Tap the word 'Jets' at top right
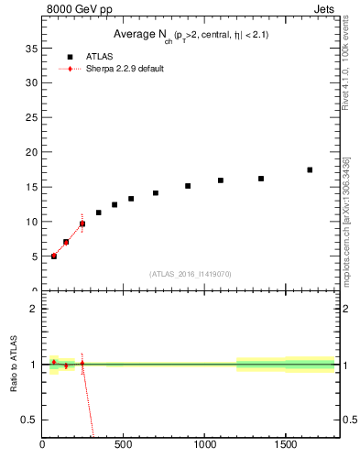pos(325,10)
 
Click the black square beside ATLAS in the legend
pos(70,57)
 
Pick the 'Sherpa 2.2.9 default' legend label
pos(125,69)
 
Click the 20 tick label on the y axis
pos(31,152)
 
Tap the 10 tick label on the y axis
pos(31,222)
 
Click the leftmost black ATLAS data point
pos(54,256)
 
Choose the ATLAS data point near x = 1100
pos(221,180)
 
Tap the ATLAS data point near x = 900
pos(188,186)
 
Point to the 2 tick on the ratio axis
pos(34,309)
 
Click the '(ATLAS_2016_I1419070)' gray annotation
pos(191,273)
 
